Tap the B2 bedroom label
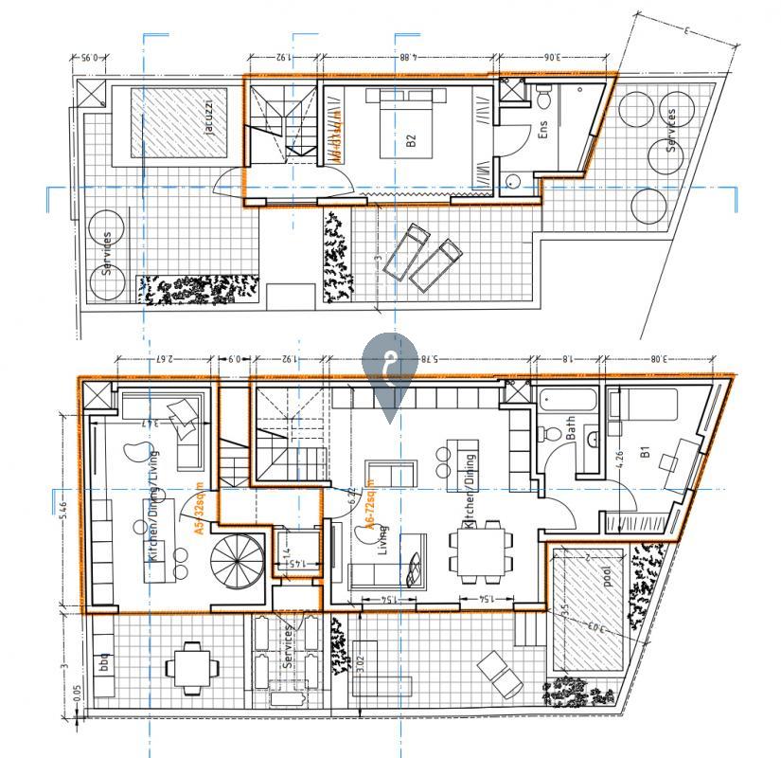(411, 141)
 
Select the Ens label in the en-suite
(542, 130)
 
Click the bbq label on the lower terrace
(106, 661)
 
